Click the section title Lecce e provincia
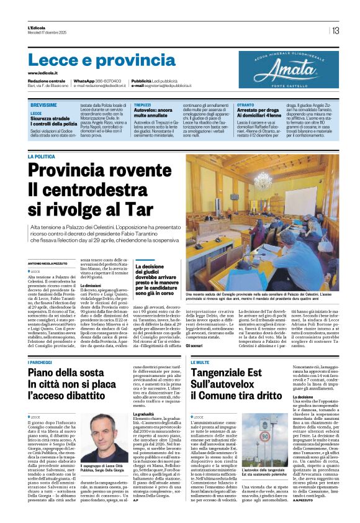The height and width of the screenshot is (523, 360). coord(94,60)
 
